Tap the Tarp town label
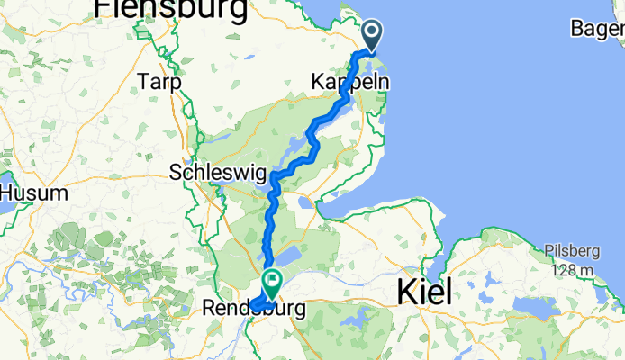(x=160, y=82)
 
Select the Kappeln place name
(x=350, y=82)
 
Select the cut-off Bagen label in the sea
(x=598, y=29)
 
